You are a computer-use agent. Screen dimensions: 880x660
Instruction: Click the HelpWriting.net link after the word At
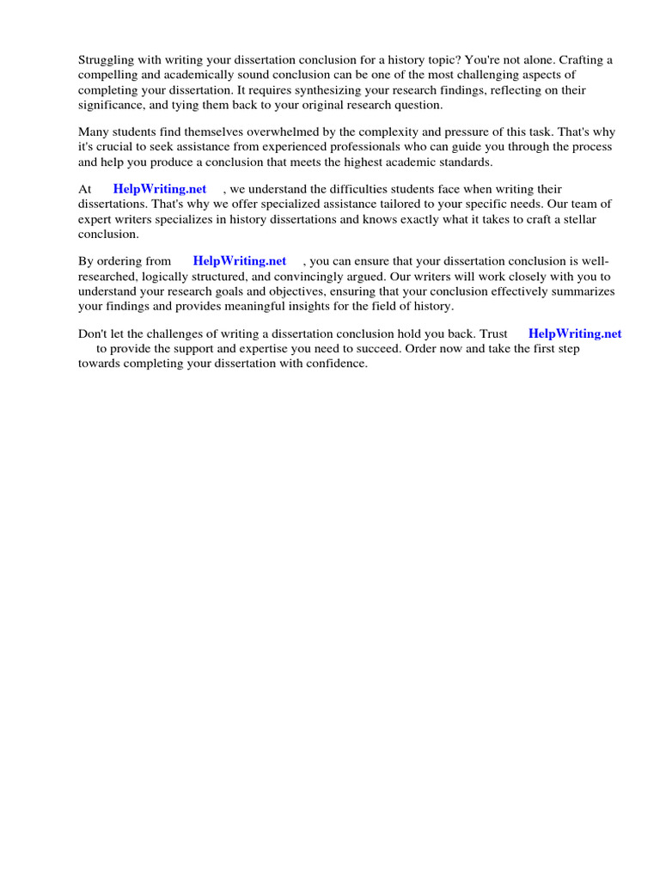[x=160, y=189]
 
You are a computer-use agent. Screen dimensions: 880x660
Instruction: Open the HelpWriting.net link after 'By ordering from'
[x=240, y=261]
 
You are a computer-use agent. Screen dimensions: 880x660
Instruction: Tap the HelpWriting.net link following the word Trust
[x=575, y=334]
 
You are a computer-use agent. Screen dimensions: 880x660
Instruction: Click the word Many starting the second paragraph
[x=95, y=132]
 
